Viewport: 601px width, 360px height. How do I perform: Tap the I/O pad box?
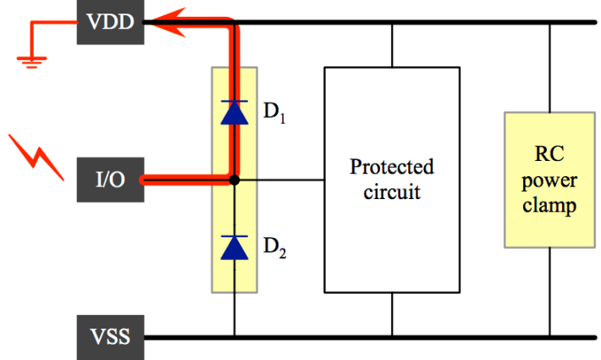pyautogui.click(x=111, y=180)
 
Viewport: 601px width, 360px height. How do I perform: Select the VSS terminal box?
pyautogui.click(x=111, y=336)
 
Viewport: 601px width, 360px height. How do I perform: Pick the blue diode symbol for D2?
pyautogui.click(x=233, y=246)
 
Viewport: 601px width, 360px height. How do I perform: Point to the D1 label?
pyautogui.click(x=273, y=114)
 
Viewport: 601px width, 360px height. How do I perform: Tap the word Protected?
pyautogui.click(x=391, y=166)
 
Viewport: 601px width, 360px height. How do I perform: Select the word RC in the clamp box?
pyautogui.click(x=550, y=156)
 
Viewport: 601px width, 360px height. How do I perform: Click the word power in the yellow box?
pyautogui.click(x=550, y=180)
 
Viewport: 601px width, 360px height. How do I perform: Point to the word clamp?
pyautogui.click(x=550, y=205)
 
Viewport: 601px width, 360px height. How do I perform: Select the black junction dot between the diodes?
pyautogui.click(x=234, y=180)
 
